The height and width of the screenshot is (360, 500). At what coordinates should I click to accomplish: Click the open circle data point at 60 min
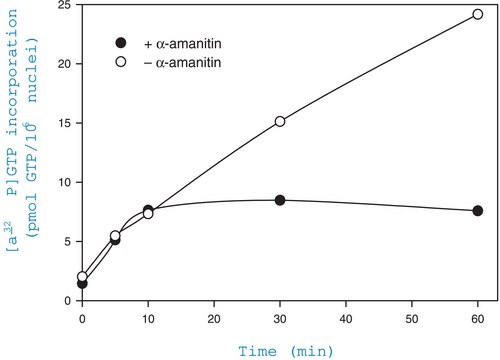[x=477, y=15]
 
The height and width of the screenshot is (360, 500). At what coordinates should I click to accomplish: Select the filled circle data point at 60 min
[x=477, y=211]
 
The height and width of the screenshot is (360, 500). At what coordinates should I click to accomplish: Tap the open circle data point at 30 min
[x=280, y=122]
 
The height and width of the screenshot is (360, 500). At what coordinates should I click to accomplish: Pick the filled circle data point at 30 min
[x=280, y=200]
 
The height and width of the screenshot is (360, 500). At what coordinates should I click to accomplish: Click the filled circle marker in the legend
[x=122, y=43]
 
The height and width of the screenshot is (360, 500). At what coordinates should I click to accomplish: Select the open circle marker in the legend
[x=122, y=61]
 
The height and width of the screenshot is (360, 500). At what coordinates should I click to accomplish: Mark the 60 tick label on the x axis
[x=477, y=316]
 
